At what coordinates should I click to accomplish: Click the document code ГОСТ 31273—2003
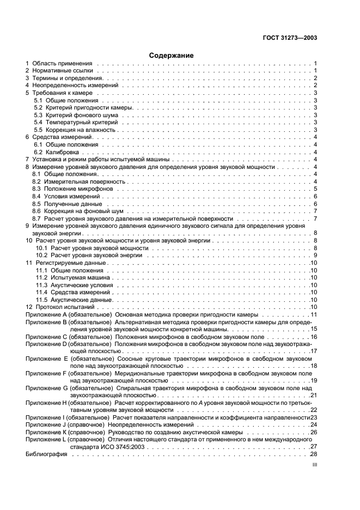pyautogui.click(x=290, y=38)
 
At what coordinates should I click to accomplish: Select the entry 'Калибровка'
pyautogui.click(x=63, y=152)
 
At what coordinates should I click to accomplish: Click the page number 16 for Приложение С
pyautogui.click(x=314, y=337)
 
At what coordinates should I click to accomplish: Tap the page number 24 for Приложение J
pyautogui.click(x=314, y=424)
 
